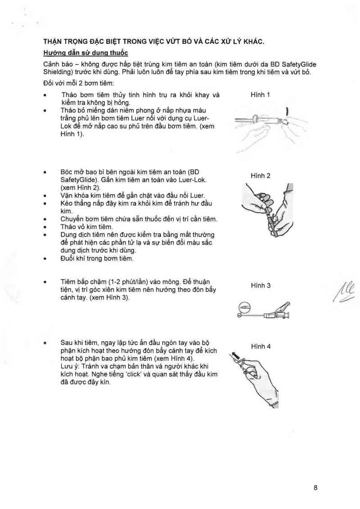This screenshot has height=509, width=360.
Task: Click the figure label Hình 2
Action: (x=261, y=175)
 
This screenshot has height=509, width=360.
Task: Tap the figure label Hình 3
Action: (x=261, y=286)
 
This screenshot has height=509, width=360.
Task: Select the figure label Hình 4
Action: (x=261, y=346)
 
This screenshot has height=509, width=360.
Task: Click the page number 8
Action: (x=316, y=487)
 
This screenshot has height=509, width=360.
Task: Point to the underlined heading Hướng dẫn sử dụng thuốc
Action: (x=85, y=53)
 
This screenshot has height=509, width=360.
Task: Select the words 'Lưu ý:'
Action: (x=70, y=366)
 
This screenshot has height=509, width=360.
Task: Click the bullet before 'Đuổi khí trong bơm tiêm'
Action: (x=45, y=259)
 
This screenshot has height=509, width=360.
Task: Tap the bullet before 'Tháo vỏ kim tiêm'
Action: (x=45, y=227)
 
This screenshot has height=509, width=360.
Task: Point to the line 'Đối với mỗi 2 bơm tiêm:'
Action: (x=79, y=84)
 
